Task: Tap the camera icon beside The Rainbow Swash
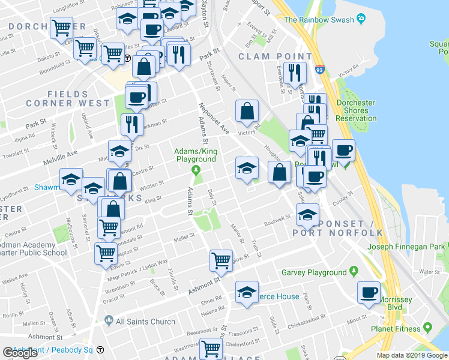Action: pyautogui.click(x=360, y=19)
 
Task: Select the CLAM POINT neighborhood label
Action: pyautogui.click(x=267, y=56)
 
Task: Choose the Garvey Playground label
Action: pyautogui.click(x=315, y=272)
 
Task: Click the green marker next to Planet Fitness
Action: pyautogui.click(x=428, y=328)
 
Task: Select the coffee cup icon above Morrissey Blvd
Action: pyautogui.click(x=369, y=293)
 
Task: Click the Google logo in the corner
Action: pyautogui.click(x=20, y=353)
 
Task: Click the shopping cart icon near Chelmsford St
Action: pyautogui.click(x=210, y=348)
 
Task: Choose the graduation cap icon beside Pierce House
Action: pyautogui.click(x=246, y=292)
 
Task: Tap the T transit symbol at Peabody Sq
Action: pyautogui.click(x=100, y=350)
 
